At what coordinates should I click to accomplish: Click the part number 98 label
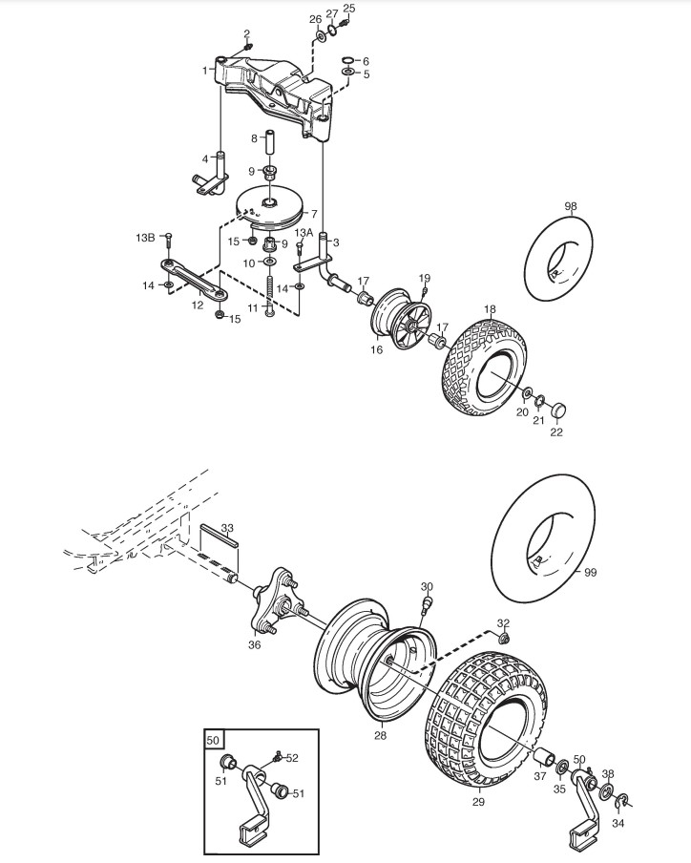click(571, 206)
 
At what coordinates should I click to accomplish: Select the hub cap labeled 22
click(558, 410)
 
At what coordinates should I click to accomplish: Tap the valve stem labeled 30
click(427, 605)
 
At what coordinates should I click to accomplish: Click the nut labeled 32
click(502, 639)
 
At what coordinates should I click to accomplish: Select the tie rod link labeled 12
click(193, 280)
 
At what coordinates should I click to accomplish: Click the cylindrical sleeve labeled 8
click(271, 142)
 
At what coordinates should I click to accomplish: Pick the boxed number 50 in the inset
click(214, 740)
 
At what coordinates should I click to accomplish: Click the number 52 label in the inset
click(292, 758)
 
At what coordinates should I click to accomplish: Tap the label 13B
click(146, 238)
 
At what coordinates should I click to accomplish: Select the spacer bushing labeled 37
click(545, 757)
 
